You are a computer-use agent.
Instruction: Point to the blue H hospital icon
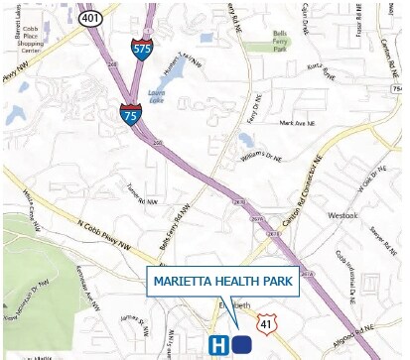[x=219, y=344]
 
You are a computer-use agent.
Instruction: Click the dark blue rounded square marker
[x=242, y=344]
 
